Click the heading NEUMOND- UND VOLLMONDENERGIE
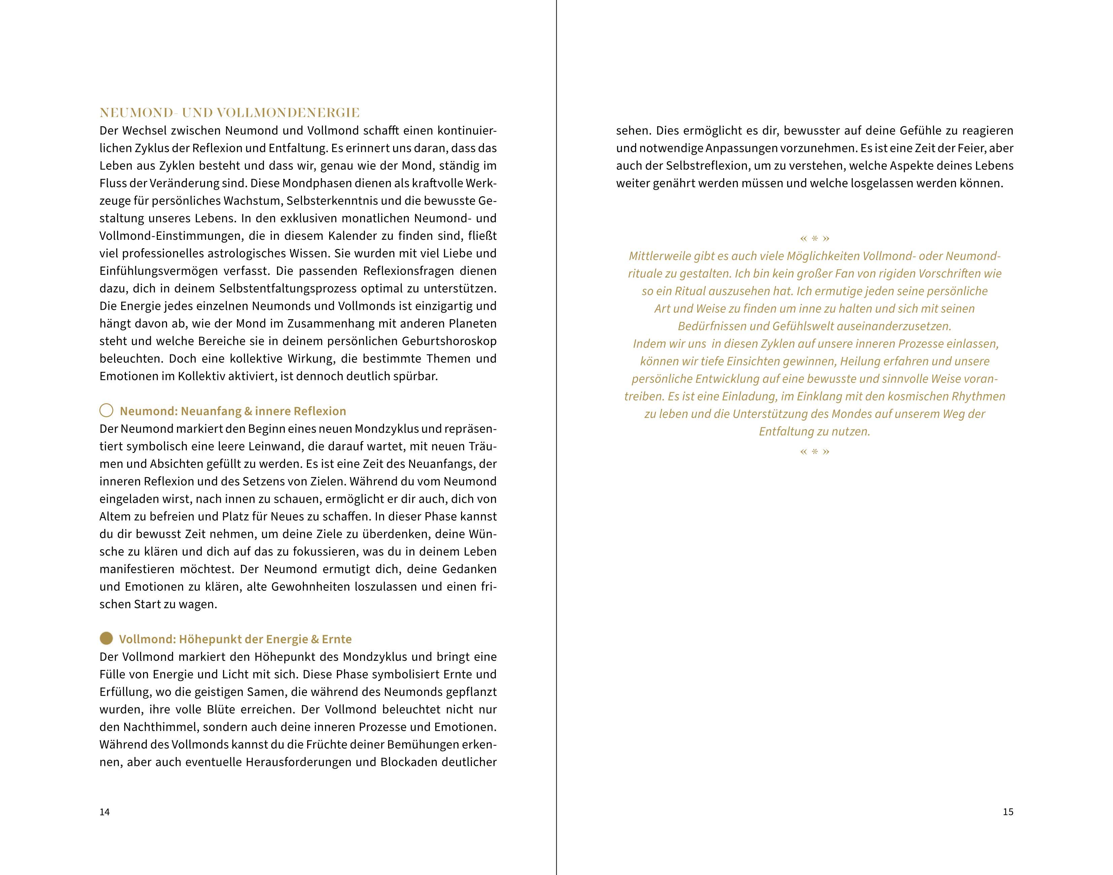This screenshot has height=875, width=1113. point(229,113)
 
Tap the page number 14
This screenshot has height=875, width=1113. point(104,812)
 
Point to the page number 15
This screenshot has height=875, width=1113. point(1008,812)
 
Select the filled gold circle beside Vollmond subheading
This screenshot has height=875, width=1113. point(106,638)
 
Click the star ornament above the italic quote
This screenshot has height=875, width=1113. point(814,238)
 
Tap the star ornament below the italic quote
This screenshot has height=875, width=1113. point(814,452)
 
